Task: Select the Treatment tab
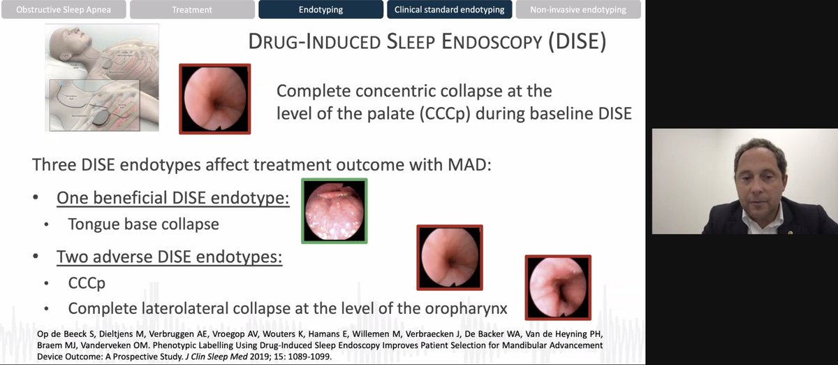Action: [x=192, y=10]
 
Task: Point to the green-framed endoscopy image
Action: [x=335, y=210]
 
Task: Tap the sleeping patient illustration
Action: [x=102, y=76]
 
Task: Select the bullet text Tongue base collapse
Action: [x=143, y=224]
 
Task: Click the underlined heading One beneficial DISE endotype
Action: [x=172, y=198]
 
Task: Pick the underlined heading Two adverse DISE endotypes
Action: [x=169, y=257]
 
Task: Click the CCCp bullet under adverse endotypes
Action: [x=87, y=283]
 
